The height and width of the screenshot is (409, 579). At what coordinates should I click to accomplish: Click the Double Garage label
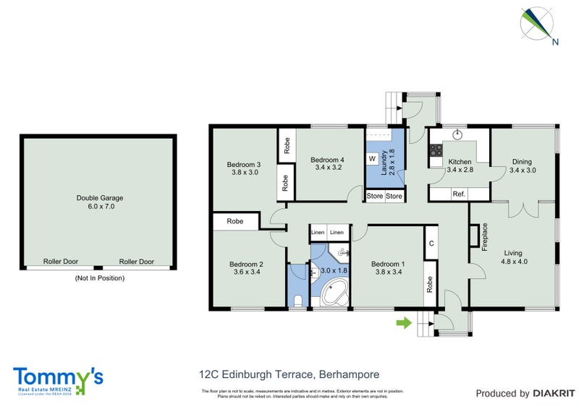click(100, 197)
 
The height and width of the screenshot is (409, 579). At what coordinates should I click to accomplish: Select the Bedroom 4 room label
click(326, 160)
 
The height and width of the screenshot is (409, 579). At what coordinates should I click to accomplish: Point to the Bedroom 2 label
click(246, 264)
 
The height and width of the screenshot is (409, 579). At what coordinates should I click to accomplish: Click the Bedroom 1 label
click(387, 264)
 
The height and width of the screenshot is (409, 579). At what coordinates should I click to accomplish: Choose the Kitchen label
click(460, 162)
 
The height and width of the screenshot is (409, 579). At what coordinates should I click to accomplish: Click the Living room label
click(513, 253)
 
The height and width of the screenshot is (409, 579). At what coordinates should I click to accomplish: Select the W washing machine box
click(372, 158)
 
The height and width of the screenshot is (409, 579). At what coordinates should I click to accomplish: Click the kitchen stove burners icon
click(436, 151)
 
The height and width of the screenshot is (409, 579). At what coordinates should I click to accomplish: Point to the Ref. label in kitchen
click(458, 194)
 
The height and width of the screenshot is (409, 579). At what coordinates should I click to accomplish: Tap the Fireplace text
click(485, 236)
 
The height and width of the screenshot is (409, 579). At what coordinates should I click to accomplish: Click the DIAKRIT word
click(554, 394)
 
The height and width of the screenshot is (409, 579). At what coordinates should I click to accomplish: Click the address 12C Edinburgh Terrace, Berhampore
click(289, 374)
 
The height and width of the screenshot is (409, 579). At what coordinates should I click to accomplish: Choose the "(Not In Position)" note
click(100, 277)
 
